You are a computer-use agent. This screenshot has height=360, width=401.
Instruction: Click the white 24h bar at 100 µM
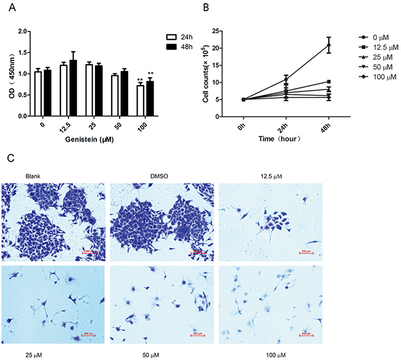[141, 101]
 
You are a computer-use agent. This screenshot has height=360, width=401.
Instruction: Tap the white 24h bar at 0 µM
[38, 93]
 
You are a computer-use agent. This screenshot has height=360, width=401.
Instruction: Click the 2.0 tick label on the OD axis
[23, 31]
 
